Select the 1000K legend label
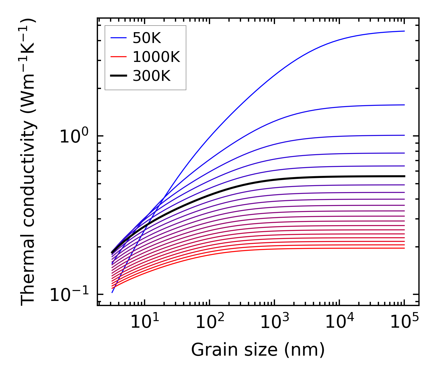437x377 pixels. click(156, 57)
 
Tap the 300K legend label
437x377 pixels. click(151, 76)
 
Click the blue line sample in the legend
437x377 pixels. click(118, 38)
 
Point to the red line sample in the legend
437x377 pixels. click(118, 57)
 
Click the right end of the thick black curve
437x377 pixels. click(405, 176)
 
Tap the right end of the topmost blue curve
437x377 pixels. click(405, 31)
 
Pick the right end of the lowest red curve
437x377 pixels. click(405, 248)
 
